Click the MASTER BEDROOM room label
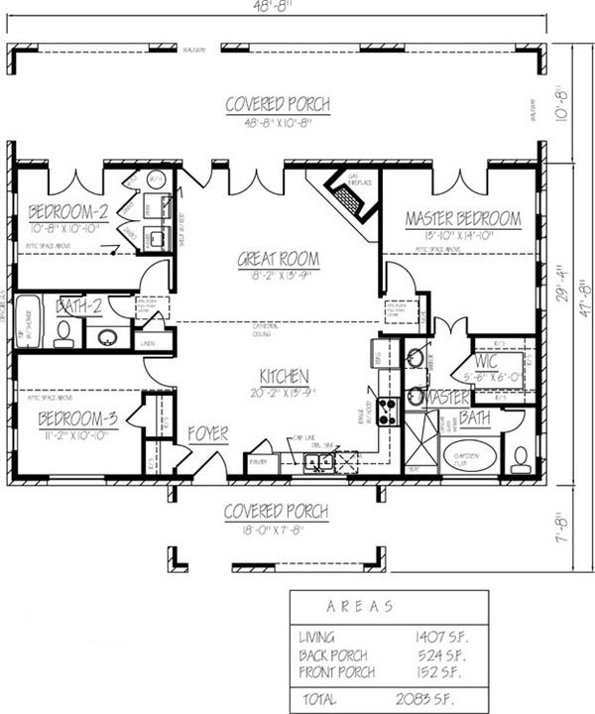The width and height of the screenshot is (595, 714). click(x=463, y=218)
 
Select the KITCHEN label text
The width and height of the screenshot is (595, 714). click(x=284, y=377)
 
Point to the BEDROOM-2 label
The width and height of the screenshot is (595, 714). click(x=67, y=211)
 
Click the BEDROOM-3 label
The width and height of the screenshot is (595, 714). click(x=78, y=419)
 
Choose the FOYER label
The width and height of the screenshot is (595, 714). click(x=208, y=434)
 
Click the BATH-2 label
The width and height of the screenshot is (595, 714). click(x=78, y=306)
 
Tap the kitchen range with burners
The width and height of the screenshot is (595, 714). click(x=388, y=411)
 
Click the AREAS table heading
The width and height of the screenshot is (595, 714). click(x=359, y=605)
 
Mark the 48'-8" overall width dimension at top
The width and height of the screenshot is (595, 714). click(x=277, y=7)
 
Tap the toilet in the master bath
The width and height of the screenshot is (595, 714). click(x=521, y=459)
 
